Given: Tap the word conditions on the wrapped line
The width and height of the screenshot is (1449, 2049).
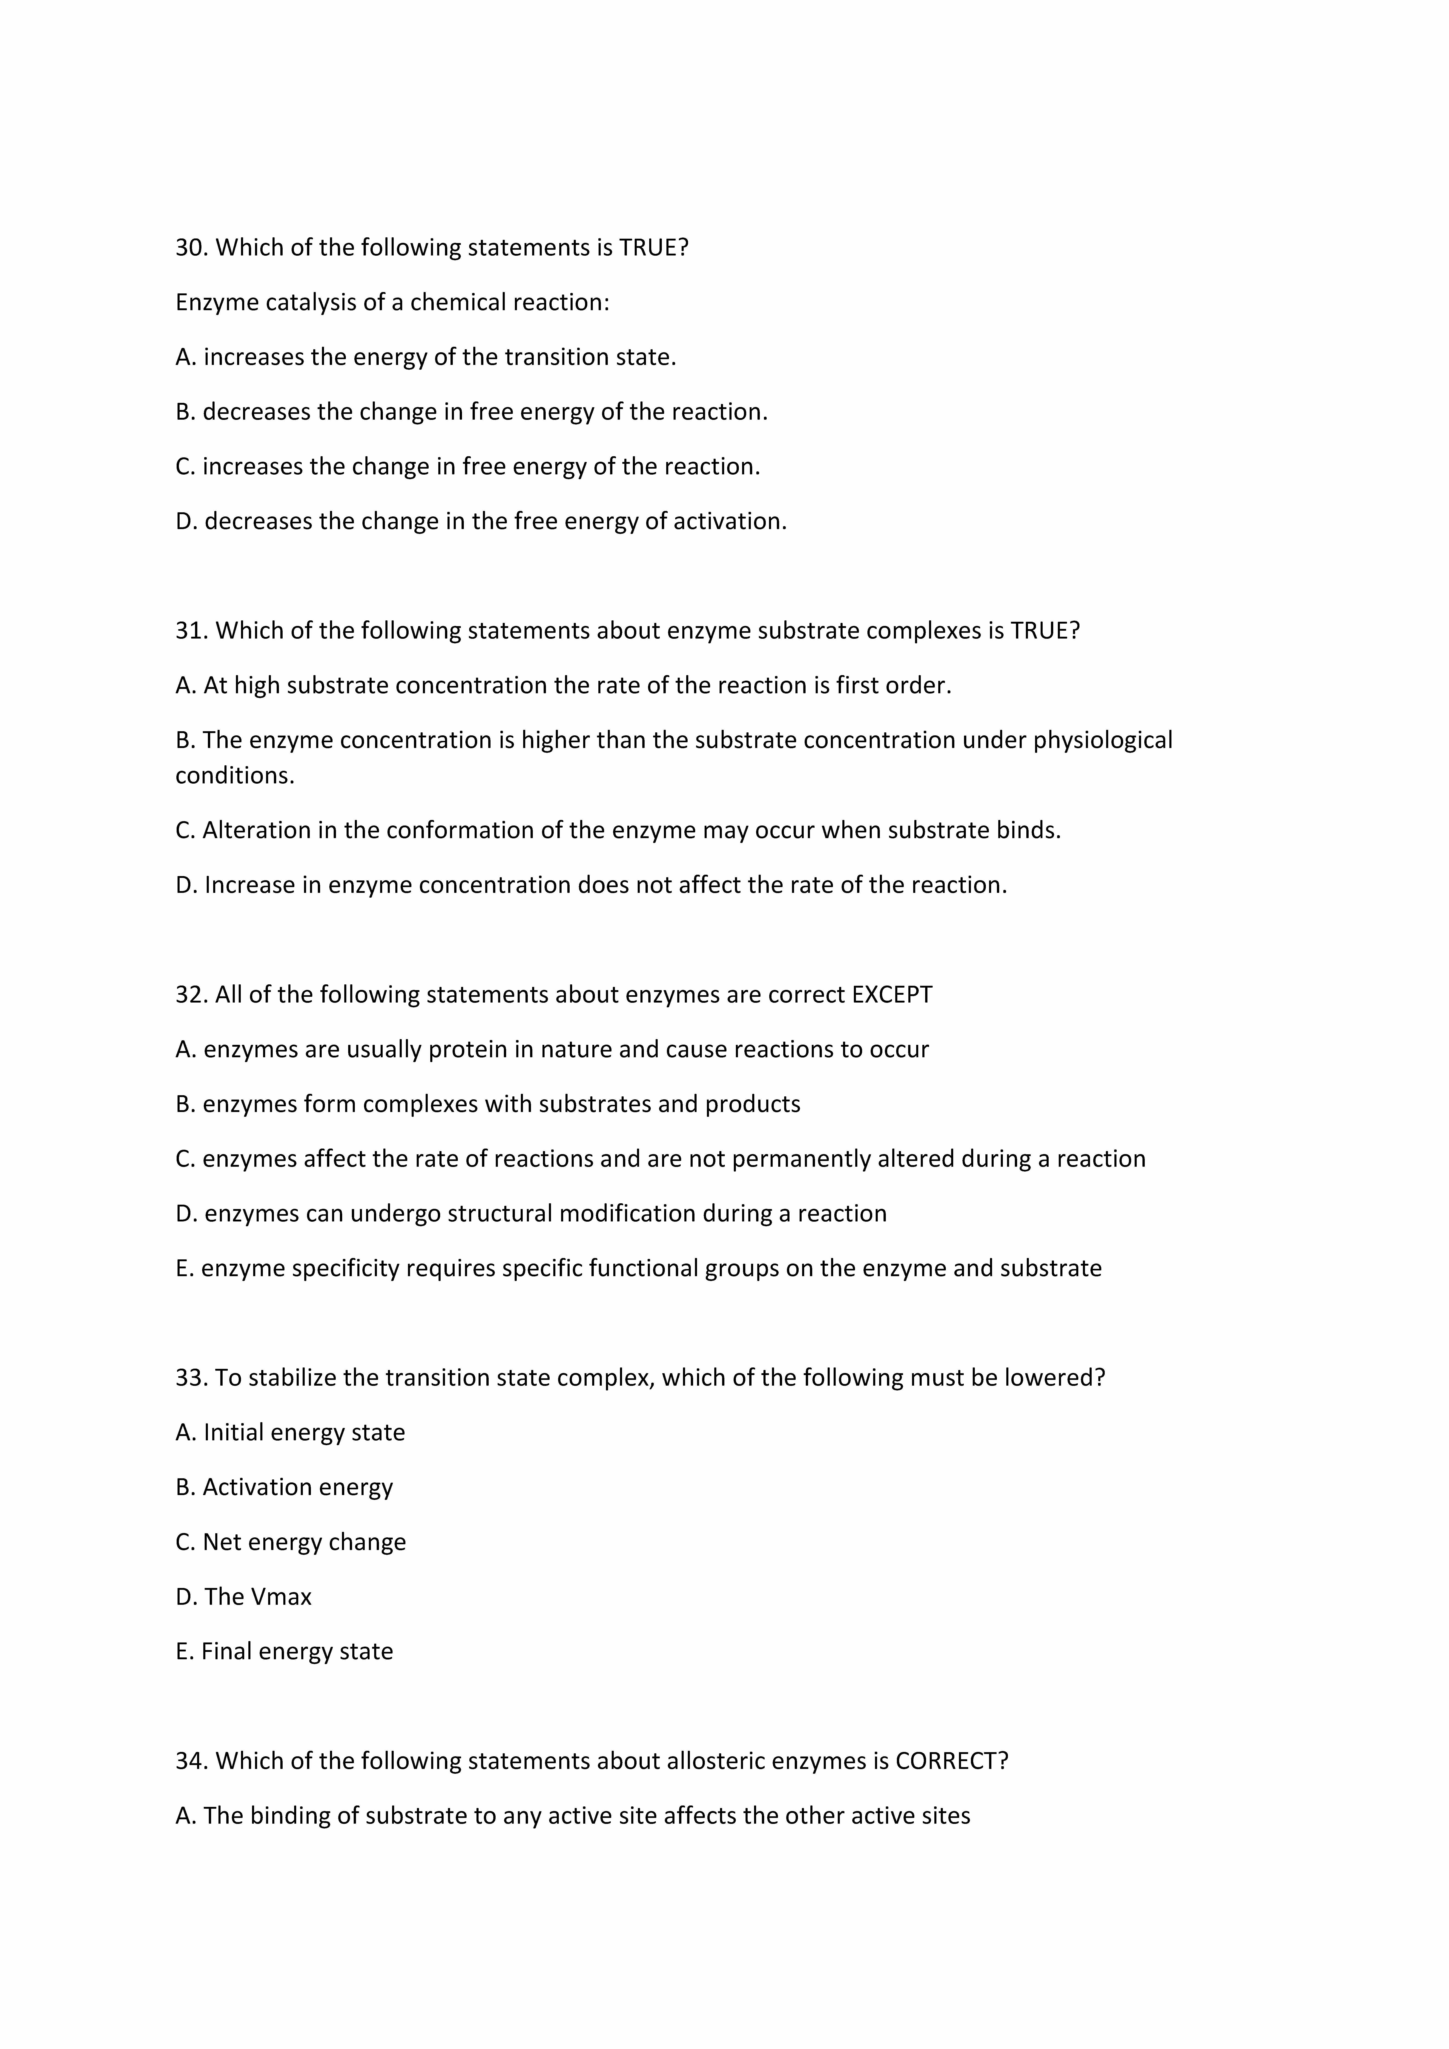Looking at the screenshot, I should pyautogui.click(x=234, y=776).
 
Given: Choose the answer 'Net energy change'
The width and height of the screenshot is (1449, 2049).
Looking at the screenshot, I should pyautogui.click(x=303, y=1542).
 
